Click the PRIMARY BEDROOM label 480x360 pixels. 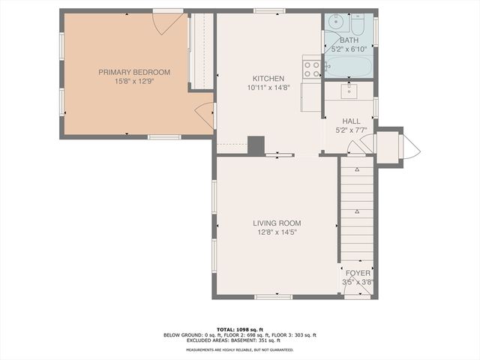[x=134, y=72]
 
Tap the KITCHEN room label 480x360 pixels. [x=268, y=79]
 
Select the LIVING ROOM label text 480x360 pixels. [x=276, y=223]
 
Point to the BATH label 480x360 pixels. [x=349, y=40]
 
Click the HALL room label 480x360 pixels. [x=351, y=121]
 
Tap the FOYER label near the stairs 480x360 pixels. [x=358, y=273]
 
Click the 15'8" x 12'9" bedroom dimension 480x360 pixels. [x=134, y=81]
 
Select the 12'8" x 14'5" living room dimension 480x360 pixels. [x=276, y=232]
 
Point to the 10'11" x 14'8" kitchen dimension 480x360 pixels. [x=268, y=87]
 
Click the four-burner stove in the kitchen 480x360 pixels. [x=312, y=68]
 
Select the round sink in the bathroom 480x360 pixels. [x=335, y=21]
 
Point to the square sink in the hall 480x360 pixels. [x=349, y=91]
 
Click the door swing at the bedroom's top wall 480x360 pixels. [x=167, y=22]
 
